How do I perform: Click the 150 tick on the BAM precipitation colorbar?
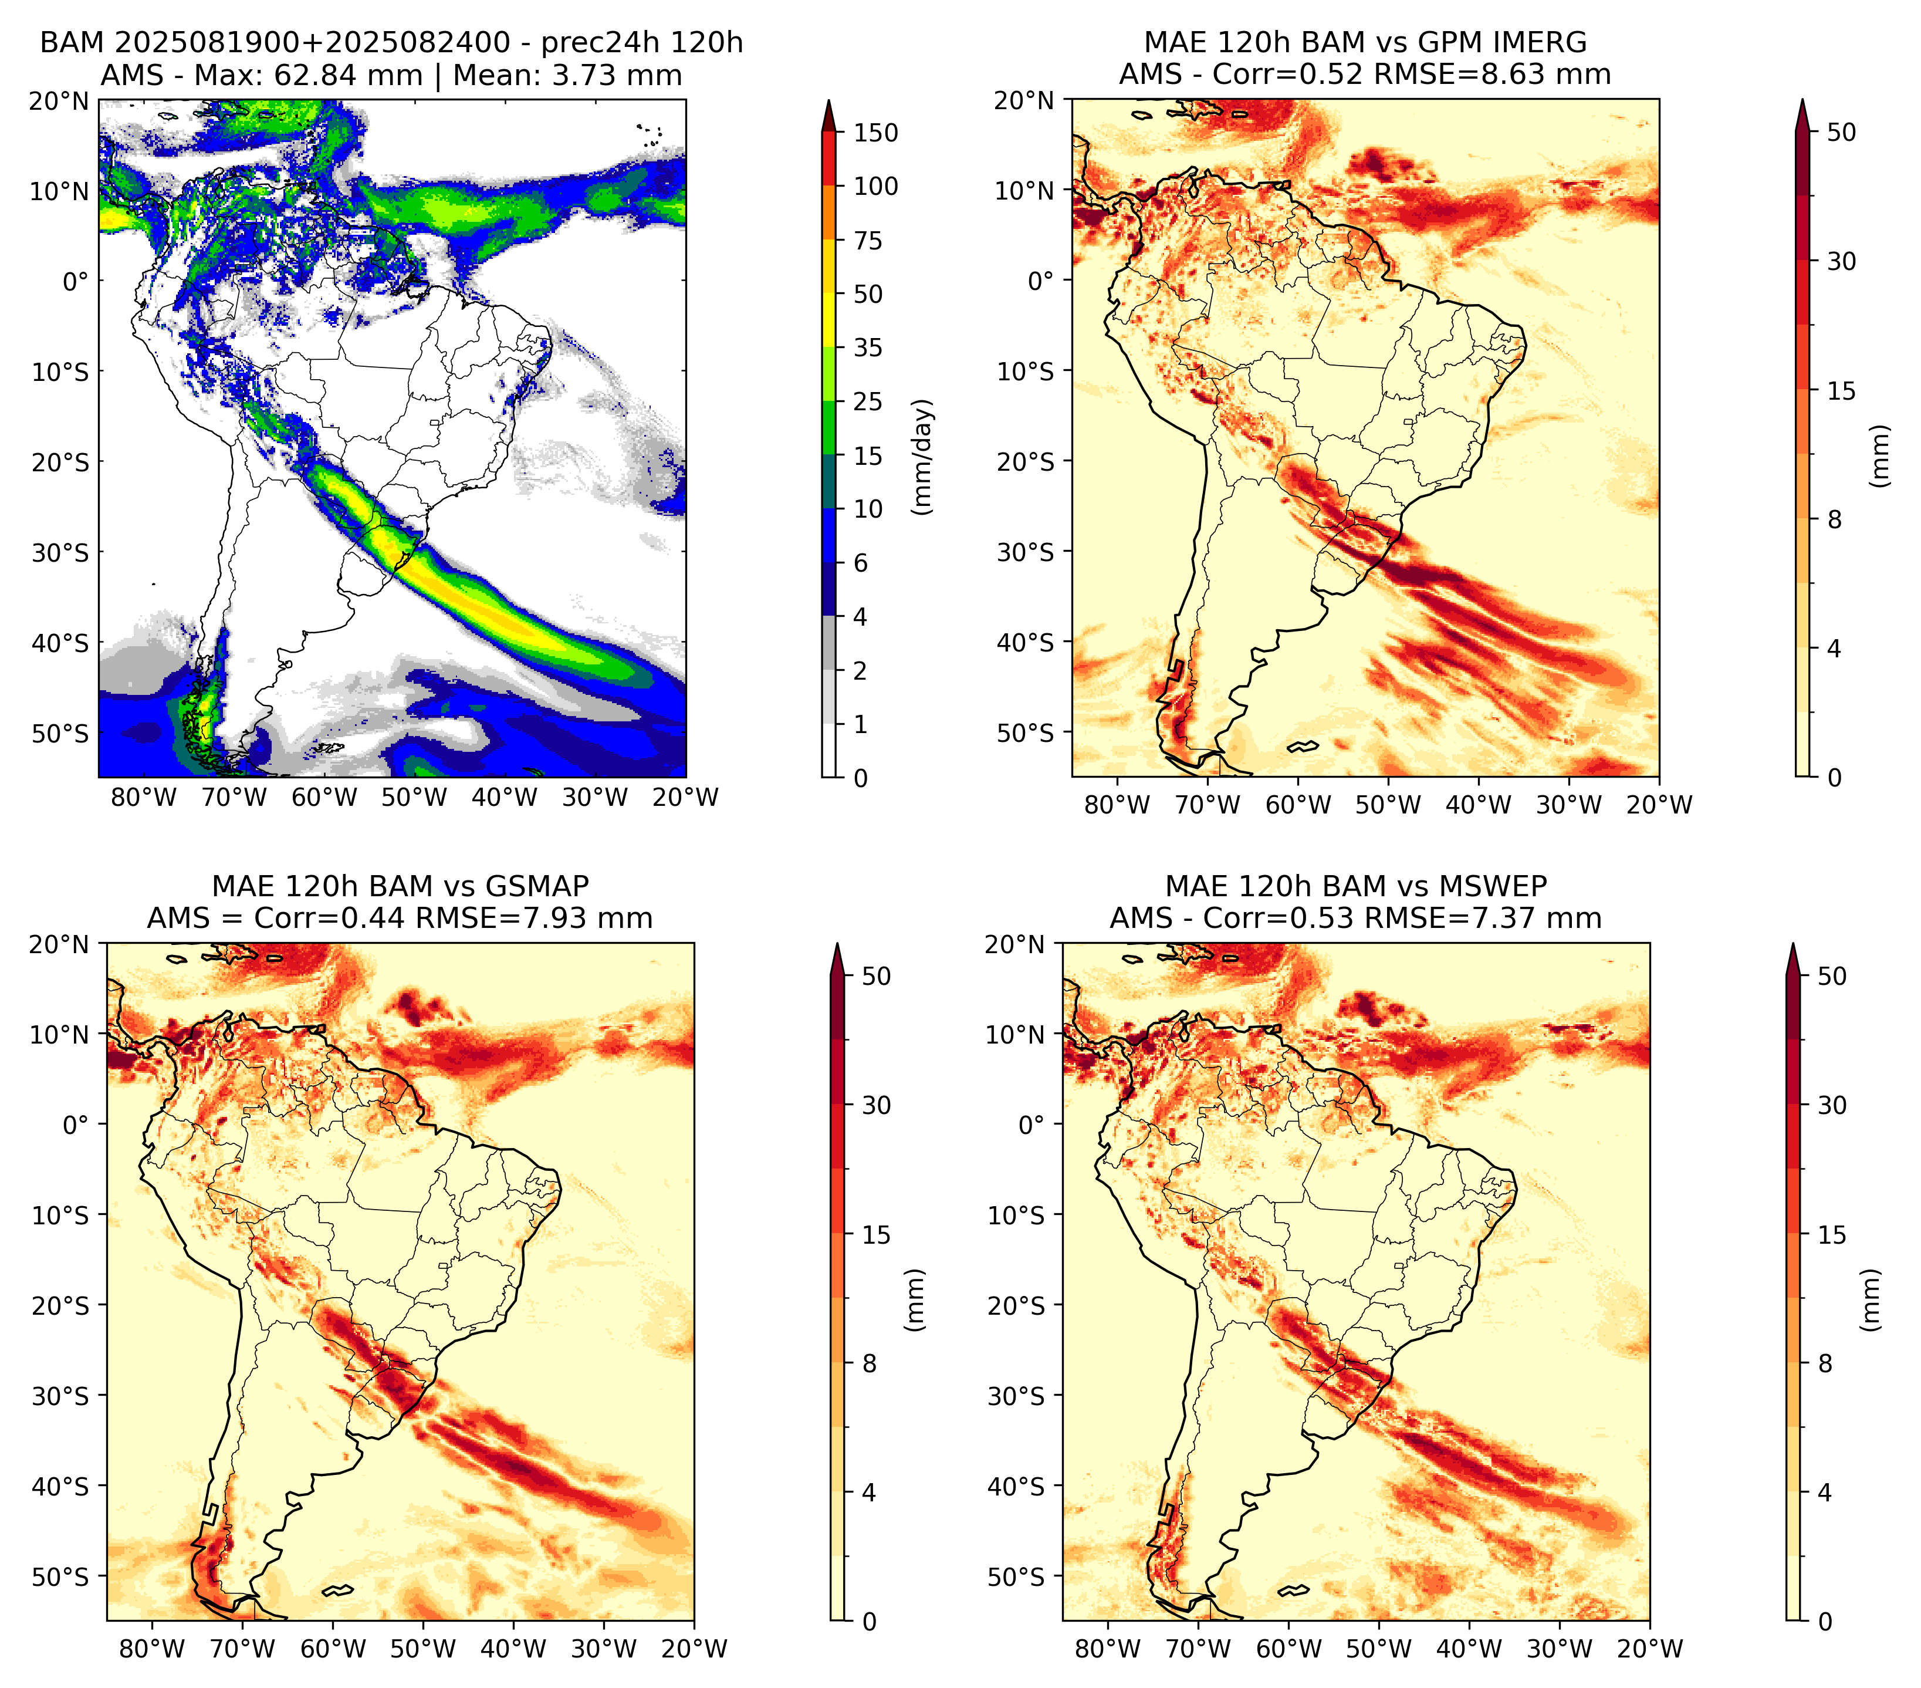(875, 133)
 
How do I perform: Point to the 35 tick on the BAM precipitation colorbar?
(867, 347)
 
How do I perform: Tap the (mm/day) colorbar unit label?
(924, 457)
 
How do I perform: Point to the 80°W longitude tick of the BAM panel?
(144, 797)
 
